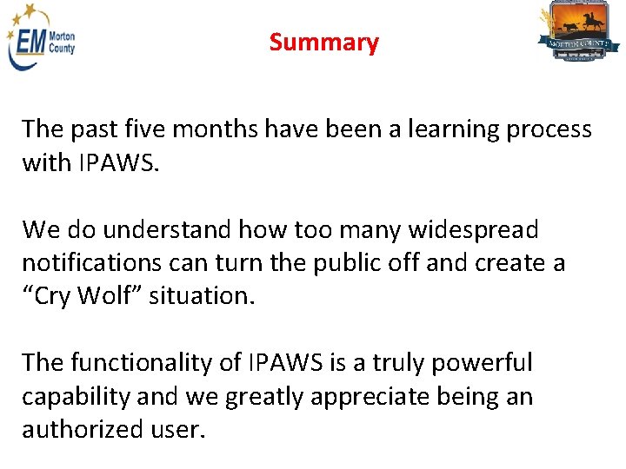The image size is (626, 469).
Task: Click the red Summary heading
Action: coord(323,43)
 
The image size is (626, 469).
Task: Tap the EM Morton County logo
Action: coord(42,43)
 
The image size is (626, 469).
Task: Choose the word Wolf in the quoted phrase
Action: coord(110,295)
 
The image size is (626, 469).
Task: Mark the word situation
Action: coord(202,295)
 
